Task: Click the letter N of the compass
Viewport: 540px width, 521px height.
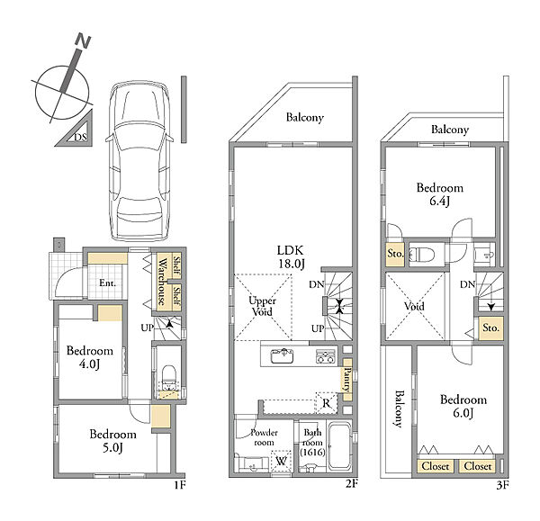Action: click(83, 40)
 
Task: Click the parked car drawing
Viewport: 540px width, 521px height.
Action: click(139, 161)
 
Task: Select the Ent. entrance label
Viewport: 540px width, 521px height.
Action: click(107, 283)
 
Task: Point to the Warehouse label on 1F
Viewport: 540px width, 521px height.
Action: click(161, 282)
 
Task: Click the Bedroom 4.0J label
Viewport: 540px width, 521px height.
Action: click(89, 357)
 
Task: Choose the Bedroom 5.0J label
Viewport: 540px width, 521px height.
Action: click(113, 441)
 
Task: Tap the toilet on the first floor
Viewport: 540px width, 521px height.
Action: click(168, 378)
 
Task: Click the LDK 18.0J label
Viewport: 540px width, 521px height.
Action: click(291, 256)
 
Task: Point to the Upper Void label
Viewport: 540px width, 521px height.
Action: click(262, 306)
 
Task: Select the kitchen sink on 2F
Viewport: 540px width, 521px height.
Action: click(282, 355)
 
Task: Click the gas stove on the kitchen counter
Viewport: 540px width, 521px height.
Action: click(326, 356)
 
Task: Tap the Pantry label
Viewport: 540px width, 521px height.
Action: click(347, 380)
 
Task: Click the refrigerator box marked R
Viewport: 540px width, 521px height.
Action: click(327, 402)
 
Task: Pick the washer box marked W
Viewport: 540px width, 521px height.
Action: click(282, 461)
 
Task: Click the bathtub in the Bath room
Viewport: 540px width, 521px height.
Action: click(339, 446)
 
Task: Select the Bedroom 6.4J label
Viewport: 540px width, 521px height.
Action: click(440, 194)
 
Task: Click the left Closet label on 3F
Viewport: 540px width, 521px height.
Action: click(436, 466)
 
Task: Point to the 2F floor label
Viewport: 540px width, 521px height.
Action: click(352, 484)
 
